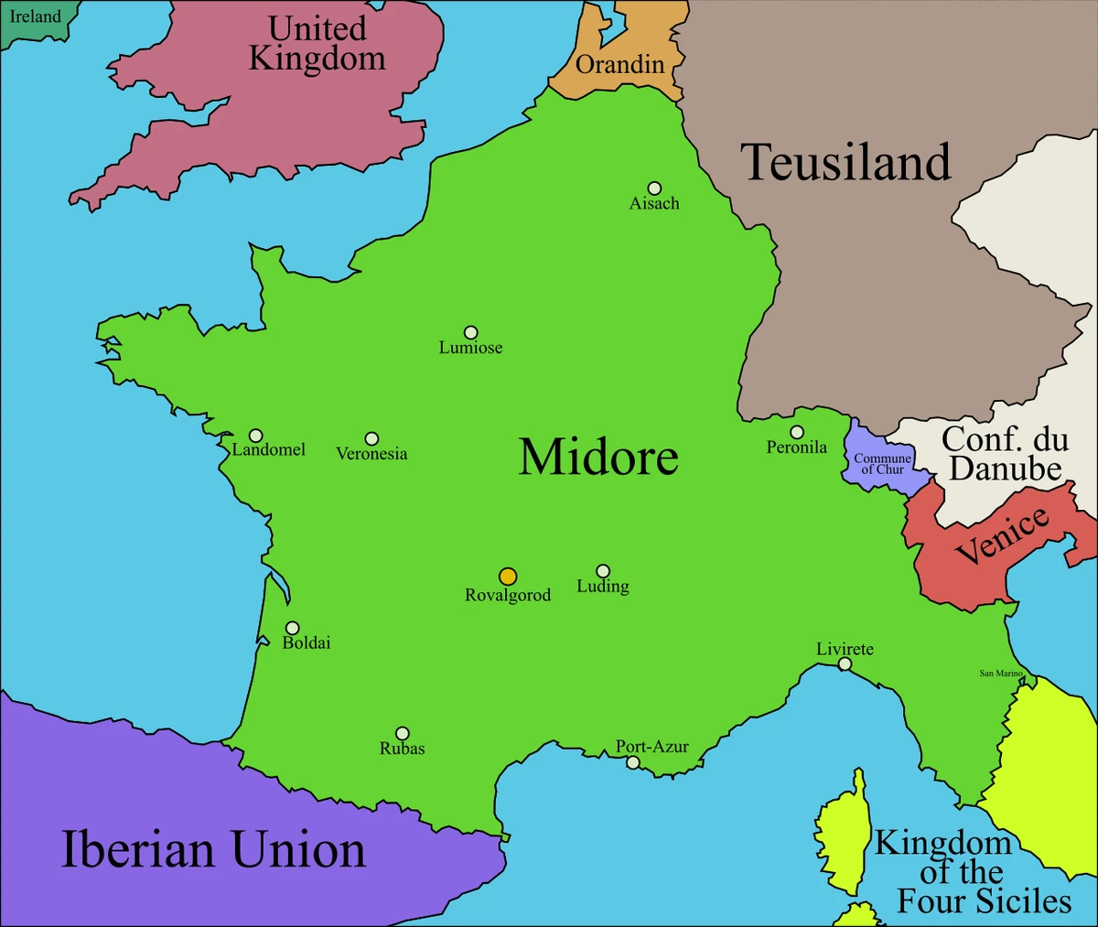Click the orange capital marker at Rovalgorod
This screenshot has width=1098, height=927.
pyautogui.click(x=508, y=577)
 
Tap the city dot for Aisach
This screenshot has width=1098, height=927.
pyautogui.click(x=654, y=189)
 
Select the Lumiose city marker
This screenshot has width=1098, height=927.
pyautogui.click(x=470, y=333)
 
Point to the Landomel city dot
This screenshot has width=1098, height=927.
pyautogui.click(x=256, y=436)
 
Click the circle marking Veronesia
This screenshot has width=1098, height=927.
pyautogui.click(x=371, y=439)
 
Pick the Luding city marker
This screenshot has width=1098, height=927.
pyautogui.click(x=603, y=571)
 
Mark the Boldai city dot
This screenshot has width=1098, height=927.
pyautogui.click(x=292, y=628)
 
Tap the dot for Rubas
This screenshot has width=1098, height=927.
pyautogui.click(x=402, y=733)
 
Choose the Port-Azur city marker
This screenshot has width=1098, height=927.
pyautogui.click(x=632, y=762)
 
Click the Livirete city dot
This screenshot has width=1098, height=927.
pyautogui.click(x=845, y=664)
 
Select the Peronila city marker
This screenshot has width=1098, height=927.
pyautogui.click(x=797, y=432)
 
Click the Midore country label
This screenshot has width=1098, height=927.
pyautogui.click(x=598, y=457)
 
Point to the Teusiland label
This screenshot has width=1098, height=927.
pyautogui.click(x=845, y=162)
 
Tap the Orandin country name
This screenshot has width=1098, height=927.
pyautogui.click(x=619, y=64)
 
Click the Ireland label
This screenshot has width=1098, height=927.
pyautogui.click(x=35, y=16)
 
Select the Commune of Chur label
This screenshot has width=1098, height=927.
pyautogui.click(x=882, y=464)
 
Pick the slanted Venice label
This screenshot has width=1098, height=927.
pyautogui.click(x=1001, y=536)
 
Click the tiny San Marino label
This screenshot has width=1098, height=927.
pyautogui.click(x=1001, y=674)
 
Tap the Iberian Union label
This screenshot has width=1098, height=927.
pyautogui.click(x=213, y=849)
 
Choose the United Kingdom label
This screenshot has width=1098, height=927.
pyautogui.click(x=318, y=43)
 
